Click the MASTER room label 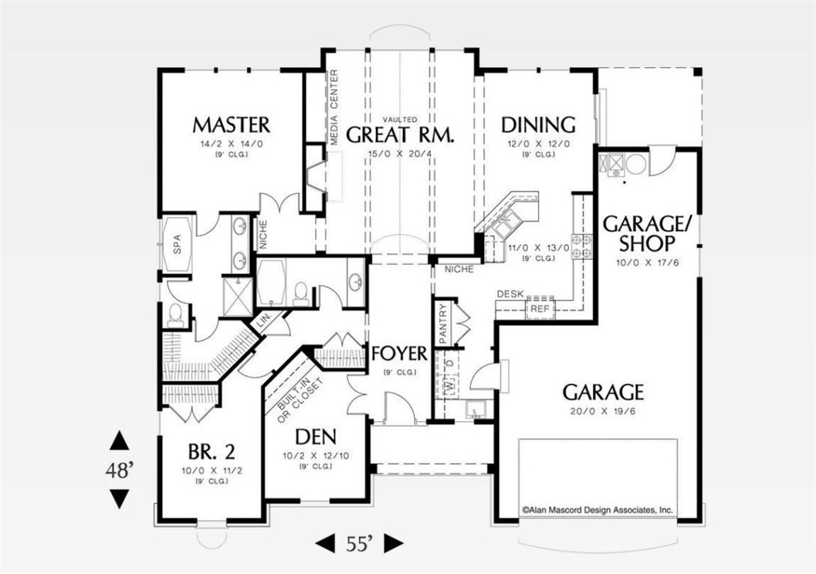232,125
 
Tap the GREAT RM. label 400,134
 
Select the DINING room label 538,125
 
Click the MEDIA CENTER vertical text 334,107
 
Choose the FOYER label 400,354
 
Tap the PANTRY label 443,324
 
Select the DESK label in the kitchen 510,294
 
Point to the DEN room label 316,436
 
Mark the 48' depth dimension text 120,471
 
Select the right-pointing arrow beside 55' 394,544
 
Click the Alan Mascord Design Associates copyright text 598,511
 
